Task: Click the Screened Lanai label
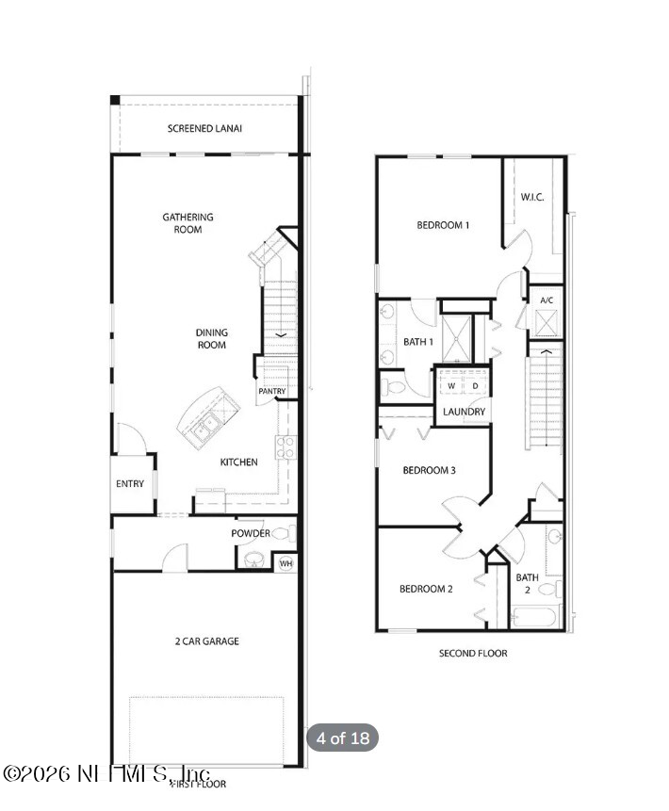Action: coord(204,129)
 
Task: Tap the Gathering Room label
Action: coord(188,223)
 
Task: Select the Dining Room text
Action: coord(211,338)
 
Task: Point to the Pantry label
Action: coord(271,391)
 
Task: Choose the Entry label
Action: coord(130,484)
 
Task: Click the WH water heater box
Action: coord(286,563)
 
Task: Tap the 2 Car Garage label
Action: coord(206,641)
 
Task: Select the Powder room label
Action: coord(251,533)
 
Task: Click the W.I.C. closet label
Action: coord(532,197)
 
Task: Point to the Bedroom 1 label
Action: coord(443,225)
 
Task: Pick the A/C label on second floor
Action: coord(547,300)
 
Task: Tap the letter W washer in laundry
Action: coord(451,386)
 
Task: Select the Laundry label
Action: coord(464,412)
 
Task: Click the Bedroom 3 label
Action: coord(430,470)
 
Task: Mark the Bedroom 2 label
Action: coord(426,589)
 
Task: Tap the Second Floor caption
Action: coord(472,653)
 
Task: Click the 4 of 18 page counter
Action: coord(343,738)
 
